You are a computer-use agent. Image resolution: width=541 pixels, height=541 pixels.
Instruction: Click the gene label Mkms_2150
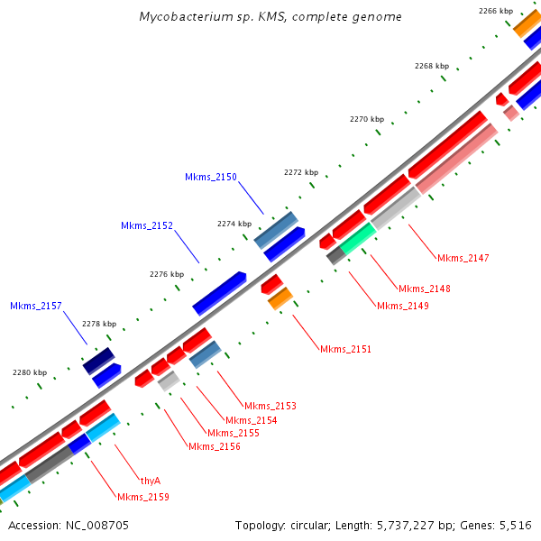click(211, 178)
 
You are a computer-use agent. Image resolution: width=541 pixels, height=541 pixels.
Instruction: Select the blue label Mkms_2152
click(147, 225)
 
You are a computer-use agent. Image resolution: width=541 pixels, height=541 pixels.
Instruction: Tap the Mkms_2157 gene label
click(36, 307)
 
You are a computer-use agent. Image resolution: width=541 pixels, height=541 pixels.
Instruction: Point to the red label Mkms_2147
click(463, 259)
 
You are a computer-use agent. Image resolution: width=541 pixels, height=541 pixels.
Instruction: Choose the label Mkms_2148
click(425, 289)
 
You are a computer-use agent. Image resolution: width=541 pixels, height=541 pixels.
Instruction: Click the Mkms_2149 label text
click(403, 306)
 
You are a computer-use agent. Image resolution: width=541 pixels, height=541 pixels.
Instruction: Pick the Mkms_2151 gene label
click(345, 349)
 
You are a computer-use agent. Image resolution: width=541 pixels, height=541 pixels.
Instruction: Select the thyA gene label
click(151, 481)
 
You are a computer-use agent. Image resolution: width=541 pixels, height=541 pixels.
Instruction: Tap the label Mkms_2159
click(142, 497)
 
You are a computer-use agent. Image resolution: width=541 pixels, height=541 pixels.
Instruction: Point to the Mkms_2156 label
click(214, 446)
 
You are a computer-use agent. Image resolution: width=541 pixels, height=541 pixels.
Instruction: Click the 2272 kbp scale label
click(300, 172)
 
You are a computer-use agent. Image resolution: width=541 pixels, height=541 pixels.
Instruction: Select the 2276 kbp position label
click(166, 274)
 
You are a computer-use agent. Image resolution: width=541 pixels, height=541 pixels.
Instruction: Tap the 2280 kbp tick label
click(29, 372)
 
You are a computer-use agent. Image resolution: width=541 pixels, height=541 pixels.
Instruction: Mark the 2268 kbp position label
click(431, 66)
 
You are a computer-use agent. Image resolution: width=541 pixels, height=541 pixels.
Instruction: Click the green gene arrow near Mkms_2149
click(357, 239)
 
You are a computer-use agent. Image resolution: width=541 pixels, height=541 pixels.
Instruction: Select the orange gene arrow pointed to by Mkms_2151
click(280, 298)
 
